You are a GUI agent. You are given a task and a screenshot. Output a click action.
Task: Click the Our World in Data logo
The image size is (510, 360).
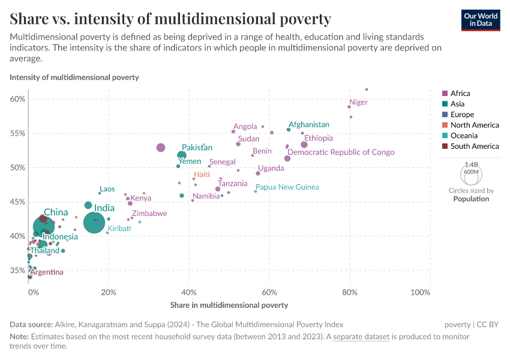pyautogui.click(x=481, y=19)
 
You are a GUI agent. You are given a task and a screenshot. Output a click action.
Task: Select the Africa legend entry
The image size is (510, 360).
pyautogui.click(x=460, y=94)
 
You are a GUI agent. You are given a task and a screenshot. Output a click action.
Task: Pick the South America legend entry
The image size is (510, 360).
pyautogui.click(x=474, y=146)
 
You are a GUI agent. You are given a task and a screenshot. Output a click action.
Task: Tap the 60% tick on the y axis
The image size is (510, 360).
pyautogui.click(x=17, y=99)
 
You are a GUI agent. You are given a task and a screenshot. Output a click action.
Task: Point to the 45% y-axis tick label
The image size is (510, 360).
pyautogui.click(x=17, y=202)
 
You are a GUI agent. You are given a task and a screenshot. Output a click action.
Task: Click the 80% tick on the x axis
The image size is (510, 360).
pyautogui.click(x=350, y=292)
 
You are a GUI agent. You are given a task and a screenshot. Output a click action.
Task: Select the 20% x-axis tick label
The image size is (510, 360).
pyautogui.click(x=109, y=292)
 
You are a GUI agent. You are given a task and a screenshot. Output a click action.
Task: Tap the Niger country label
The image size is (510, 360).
pyautogui.click(x=358, y=103)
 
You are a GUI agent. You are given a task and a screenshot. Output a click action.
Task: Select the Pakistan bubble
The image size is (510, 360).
pyautogui.click(x=182, y=155)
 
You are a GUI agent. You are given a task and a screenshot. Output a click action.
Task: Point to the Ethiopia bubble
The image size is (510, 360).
pyautogui.click(x=304, y=145)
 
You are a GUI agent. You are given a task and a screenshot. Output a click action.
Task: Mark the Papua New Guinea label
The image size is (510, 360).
pyautogui.click(x=287, y=187)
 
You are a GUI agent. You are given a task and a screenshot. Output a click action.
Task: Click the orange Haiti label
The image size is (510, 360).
pyautogui.click(x=202, y=174)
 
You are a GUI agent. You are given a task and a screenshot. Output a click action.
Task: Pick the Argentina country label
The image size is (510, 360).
pyautogui.click(x=47, y=272)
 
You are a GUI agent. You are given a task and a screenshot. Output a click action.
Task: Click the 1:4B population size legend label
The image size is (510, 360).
pyautogui.click(x=471, y=164)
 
